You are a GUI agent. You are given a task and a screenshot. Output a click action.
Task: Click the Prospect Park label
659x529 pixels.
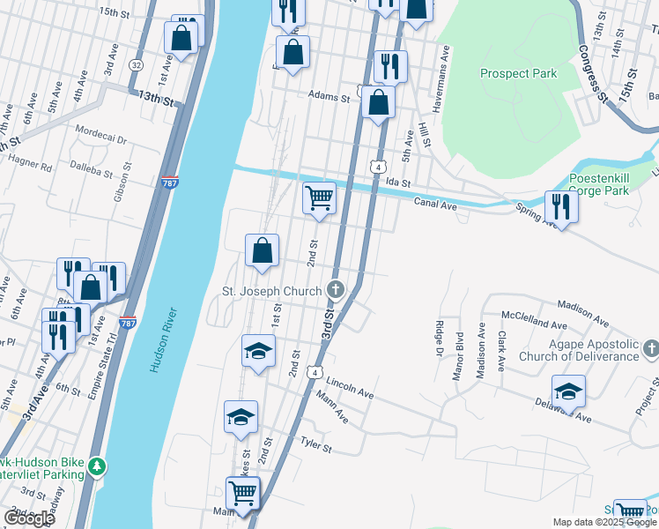pyautogui.click(x=518, y=74)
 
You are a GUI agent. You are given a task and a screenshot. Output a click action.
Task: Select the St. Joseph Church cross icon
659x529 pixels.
pyautogui.click(x=335, y=289)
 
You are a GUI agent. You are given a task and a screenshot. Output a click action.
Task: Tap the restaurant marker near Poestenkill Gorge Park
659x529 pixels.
pyautogui.click(x=560, y=207)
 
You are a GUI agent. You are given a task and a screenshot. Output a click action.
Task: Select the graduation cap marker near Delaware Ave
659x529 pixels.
pyautogui.click(x=568, y=392)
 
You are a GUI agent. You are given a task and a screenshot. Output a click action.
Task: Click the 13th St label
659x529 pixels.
pyautogui.click(x=156, y=99)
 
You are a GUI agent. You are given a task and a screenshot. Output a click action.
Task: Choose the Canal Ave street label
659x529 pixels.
pyautogui.click(x=435, y=205)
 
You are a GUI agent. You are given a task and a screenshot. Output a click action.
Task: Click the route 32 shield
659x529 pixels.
pyautogui.click(x=135, y=65)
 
